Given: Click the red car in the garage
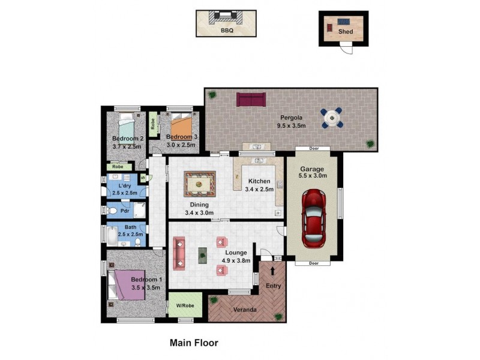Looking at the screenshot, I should [314, 218].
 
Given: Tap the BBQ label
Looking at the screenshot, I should [226, 30].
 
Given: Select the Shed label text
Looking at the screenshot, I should [346, 31].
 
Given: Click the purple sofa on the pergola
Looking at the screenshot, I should [251, 100].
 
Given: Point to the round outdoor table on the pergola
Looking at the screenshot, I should [332, 118].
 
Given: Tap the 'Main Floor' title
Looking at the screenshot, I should [193, 343].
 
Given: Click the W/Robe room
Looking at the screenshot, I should [184, 305].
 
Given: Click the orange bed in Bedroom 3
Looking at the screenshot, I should [180, 127].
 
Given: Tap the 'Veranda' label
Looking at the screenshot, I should [245, 310].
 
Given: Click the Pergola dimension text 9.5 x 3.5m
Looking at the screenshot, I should [291, 126].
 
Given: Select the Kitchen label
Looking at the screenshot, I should [259, 181].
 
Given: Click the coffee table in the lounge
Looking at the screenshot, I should [203, 254].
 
